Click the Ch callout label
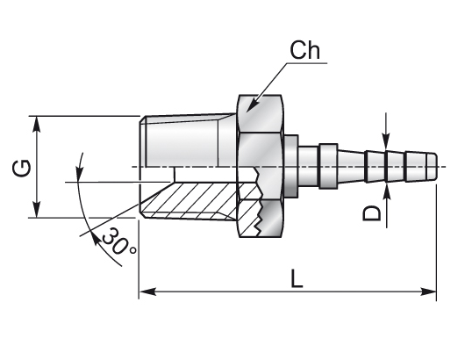304,50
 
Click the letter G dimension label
22,168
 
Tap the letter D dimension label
372,213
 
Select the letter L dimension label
297,278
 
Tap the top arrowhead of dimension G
37,124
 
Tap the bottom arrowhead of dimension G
37,209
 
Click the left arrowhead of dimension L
147,292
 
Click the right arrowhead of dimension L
428,292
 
